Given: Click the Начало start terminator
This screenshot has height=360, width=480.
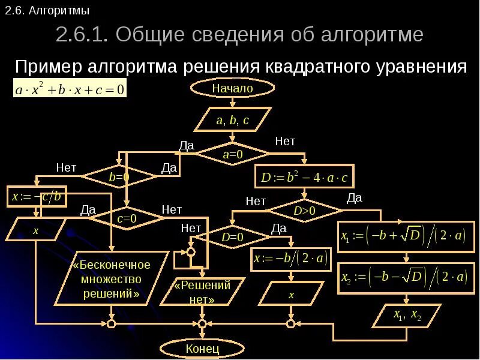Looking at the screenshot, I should pyautogui.click(x=232, y=89).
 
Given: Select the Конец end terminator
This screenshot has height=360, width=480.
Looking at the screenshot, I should pyautogui.click(x=202, y=348).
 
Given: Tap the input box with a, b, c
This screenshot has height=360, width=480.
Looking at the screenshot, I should pyautogui.click(x=232, y=121).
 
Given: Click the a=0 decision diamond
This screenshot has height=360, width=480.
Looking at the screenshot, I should pyautogui.click(x=232, y=154).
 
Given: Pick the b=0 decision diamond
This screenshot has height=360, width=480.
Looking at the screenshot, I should pyautogui.click(x=119, y=177).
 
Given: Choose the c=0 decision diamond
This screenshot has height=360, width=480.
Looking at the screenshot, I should pyautogui.click(x=127, y=219).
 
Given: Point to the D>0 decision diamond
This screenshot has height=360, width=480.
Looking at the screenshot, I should pyautogui.click(x=304, y=211).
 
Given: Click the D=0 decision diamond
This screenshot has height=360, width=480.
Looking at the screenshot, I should pyautogui.click(x=232, y=237).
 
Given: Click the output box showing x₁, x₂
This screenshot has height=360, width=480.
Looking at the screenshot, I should pyautogui.click(x=407, y=315).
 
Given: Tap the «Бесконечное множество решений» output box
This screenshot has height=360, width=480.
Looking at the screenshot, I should pyautogui.click(x=111, y=280).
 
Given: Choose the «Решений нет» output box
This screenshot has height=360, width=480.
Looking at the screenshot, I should pyautogui.click(x=202, y=292).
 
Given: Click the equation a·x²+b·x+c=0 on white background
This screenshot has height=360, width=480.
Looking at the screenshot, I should pyautogui.click(x=70, y=91).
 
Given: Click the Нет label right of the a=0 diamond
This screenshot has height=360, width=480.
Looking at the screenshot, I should pyautogui.click(x=285, y=141).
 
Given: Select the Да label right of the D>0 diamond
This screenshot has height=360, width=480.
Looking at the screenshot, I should pyautogui.click(x=355, y=197).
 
